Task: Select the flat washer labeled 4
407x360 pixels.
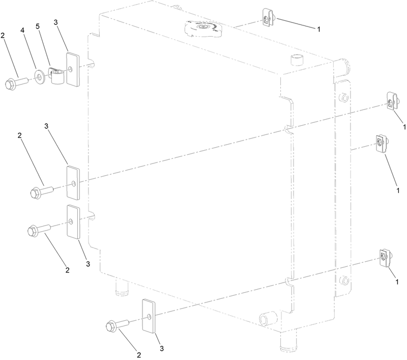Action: point(39,78)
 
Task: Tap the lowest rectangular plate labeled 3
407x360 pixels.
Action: point(149,316)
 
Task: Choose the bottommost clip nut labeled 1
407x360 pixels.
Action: point(384,259)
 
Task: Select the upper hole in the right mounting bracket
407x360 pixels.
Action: point(343,97)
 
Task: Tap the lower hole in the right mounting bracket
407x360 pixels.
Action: point(344,280)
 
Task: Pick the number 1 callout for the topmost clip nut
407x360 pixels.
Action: point(318,29)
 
